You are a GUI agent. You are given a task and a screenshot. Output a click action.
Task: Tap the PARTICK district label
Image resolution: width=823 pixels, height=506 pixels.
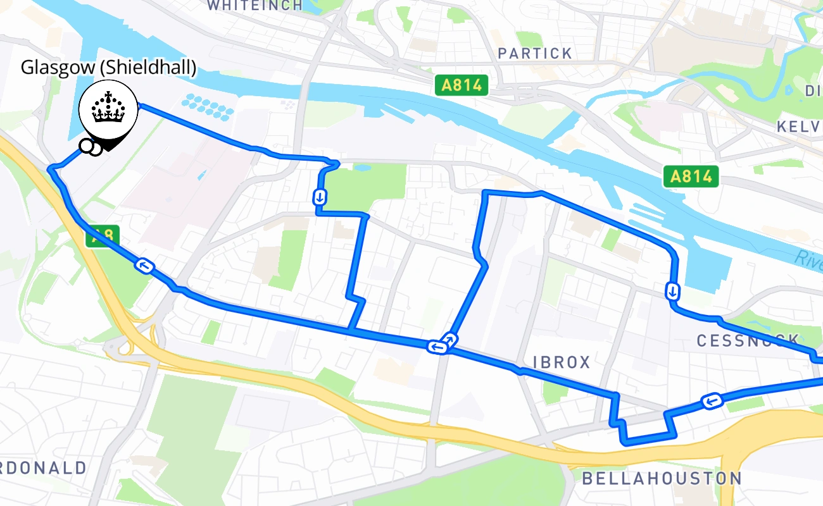pos(535,54)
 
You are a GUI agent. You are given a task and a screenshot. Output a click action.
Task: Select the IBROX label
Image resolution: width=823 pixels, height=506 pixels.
pos(562,362)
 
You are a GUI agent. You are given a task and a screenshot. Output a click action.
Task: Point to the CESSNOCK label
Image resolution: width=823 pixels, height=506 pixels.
pos(748,341)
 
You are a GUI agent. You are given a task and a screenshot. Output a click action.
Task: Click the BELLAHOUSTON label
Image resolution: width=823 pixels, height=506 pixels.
pos(661,479)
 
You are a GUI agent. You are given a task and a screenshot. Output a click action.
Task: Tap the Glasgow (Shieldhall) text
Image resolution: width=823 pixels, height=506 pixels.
pos(108,68)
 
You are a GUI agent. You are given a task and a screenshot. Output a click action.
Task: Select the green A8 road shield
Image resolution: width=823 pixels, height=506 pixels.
pos(101,237)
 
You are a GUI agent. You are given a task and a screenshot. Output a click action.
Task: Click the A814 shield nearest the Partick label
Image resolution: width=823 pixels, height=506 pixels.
pos(462,85)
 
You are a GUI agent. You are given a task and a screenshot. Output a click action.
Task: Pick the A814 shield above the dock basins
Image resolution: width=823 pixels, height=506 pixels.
pos(692,176)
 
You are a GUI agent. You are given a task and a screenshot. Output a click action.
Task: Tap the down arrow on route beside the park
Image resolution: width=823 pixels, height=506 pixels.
pos(320,197)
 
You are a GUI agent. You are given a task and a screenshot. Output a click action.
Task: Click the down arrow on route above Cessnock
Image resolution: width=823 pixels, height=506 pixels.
pos(672,292)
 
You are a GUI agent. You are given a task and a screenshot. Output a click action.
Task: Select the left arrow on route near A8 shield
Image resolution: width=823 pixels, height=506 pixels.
pos(145,266)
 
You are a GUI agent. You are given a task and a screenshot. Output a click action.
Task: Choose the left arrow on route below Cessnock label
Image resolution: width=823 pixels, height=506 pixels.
pos(712,401)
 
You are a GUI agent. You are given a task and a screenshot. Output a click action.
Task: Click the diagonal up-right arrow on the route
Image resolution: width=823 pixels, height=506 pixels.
pos(449,339)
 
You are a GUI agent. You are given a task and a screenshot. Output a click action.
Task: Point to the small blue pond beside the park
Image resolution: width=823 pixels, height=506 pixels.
pos(363,168)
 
